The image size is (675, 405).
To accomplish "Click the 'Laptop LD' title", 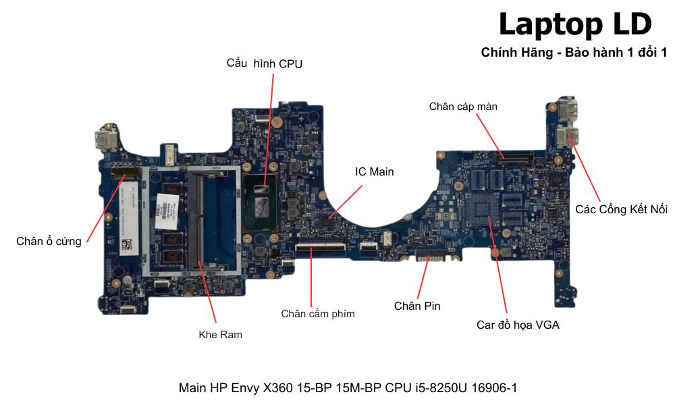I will (x=575, y=24).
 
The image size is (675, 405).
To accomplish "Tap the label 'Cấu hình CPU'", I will (x=265, y=64).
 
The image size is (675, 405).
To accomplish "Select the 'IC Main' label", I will (x=374, y=172).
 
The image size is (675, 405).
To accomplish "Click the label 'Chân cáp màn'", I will (x=463, y=107).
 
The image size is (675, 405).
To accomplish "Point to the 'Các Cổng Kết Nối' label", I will (x=621, y=209).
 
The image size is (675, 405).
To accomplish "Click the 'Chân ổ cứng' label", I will (x=49, y=241).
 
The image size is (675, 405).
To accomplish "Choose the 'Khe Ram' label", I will (x=220, y=334).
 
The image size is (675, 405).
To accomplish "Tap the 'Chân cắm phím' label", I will (x=317, y=313).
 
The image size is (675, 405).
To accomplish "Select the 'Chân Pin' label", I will (x=417, y=306).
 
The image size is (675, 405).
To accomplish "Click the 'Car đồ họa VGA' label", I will (x=518, y=325).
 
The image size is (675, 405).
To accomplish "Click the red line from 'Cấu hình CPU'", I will (x=270, y=128).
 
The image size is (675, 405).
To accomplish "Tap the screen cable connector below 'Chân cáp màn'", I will (x=514, y=157).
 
